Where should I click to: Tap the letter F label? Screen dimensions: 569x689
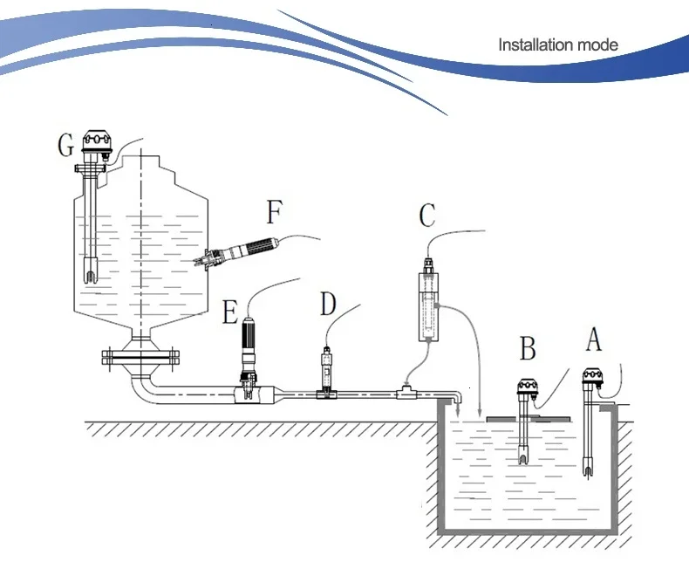click(275, 212)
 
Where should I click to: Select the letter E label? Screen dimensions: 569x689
click(229, 312)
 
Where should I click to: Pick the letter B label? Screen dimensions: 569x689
click(528, 349)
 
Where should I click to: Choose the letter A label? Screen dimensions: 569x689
click(593, 338)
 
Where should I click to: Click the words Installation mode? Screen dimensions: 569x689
click(557, 45)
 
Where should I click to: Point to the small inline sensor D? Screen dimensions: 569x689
click(327, 371)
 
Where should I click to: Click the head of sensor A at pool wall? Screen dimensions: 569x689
click(592, 379)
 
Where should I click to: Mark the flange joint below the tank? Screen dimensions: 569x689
click(139, 356)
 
